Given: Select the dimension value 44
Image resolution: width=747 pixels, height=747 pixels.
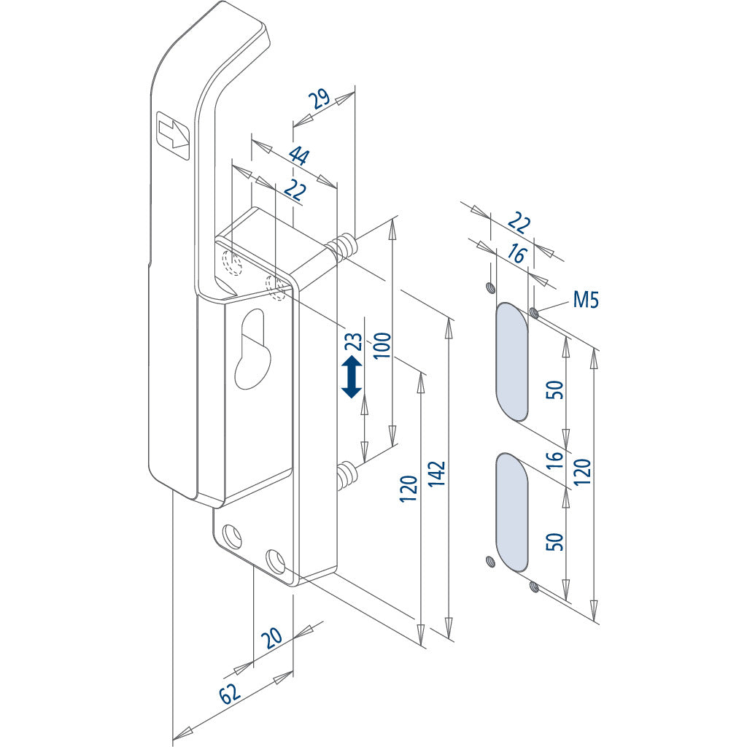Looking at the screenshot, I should tap(298, 156).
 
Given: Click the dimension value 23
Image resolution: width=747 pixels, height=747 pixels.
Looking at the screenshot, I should tap(354, 342).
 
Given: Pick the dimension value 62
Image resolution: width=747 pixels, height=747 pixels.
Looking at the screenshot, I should tap(230, 694).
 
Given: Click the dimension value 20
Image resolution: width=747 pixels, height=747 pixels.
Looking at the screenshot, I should tap(271, 638).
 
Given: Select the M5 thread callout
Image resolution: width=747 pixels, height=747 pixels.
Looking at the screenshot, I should tap(586, 299).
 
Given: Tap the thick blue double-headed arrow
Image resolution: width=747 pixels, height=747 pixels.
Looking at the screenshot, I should tap(352, 376).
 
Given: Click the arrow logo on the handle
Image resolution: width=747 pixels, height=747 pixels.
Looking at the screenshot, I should tap(173, 134).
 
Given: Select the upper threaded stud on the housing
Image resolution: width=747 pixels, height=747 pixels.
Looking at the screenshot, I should tap(344, 246).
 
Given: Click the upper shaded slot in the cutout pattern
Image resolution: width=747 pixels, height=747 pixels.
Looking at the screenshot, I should tap(512, 362).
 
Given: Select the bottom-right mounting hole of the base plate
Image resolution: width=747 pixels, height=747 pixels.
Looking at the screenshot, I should tap(276, 561).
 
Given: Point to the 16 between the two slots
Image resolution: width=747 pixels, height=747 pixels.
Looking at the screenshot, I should tap(555, 459).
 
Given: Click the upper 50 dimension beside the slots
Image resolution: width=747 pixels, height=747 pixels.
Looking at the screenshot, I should tap(556, 390).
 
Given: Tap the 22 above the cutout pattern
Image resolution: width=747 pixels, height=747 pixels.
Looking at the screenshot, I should tap(518, 222).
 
